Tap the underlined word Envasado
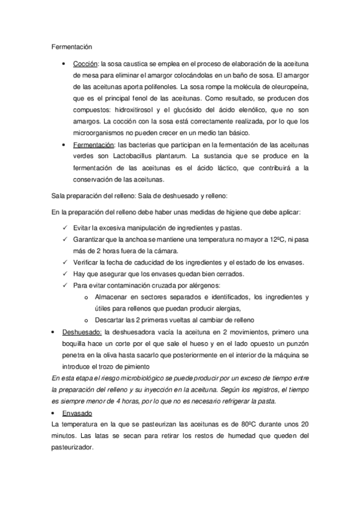click(76, 413)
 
